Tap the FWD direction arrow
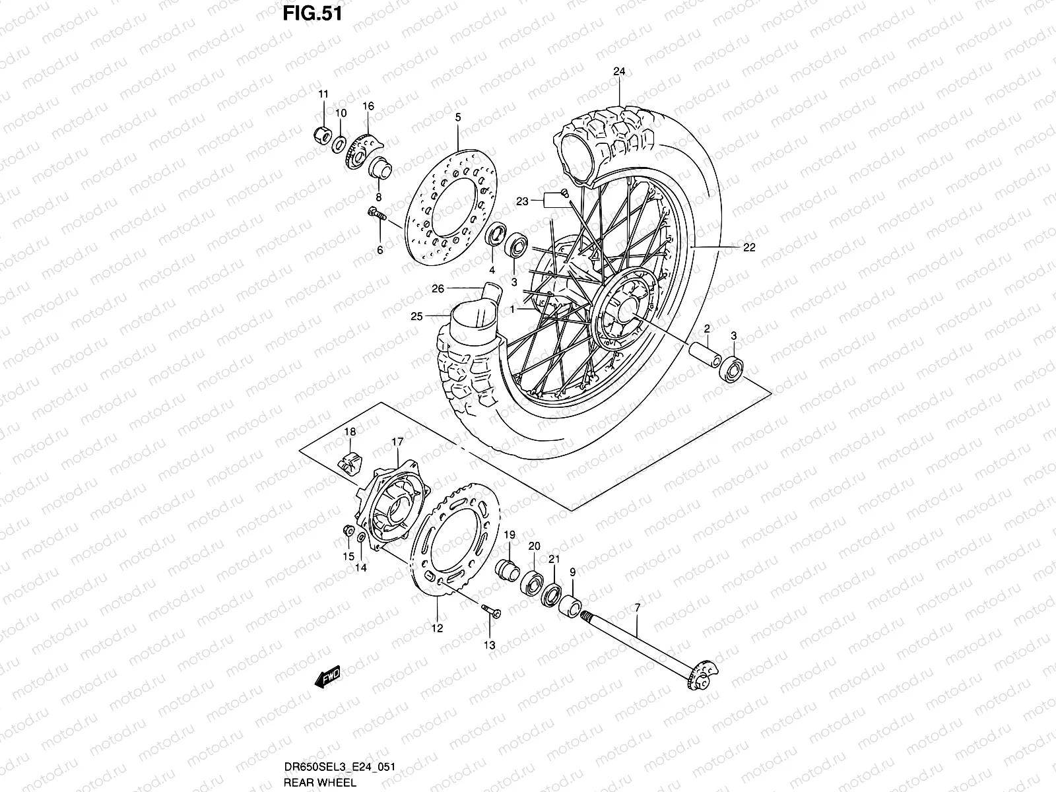pyautogui.click(x=327, y=676)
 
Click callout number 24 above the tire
pyautogui.click(x=618, y=71)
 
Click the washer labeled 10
pyautogui.click(x=339, y=143)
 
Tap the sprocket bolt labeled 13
pyautogui.click(x=489, y=612)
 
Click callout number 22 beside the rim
pyautogui.click(x=748, y=248)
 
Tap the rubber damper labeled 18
pyautogui.click(x=348, y=460)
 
